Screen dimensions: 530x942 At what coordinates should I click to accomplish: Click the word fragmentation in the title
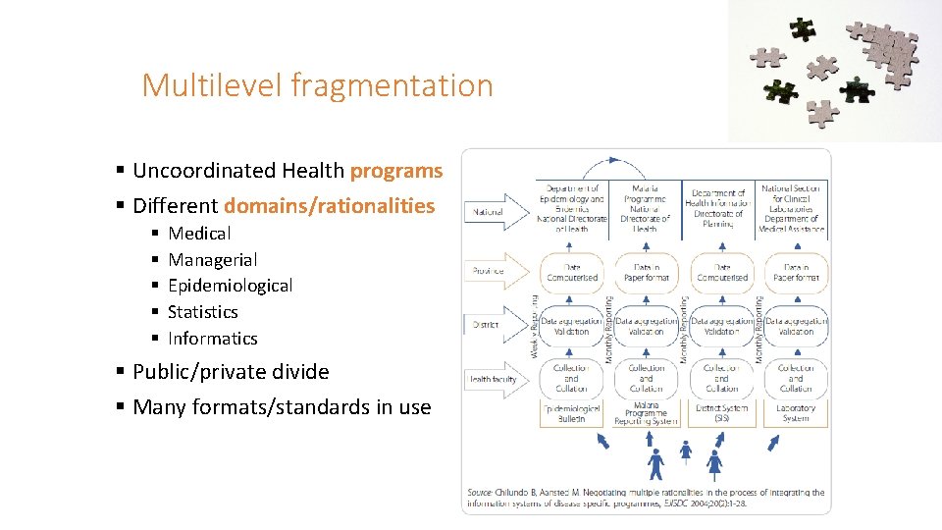[392, 85]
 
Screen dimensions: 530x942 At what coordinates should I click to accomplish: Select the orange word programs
[396, 171]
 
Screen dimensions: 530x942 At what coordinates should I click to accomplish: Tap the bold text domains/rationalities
[329, 206]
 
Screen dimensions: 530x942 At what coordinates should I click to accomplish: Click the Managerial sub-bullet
[212, 260]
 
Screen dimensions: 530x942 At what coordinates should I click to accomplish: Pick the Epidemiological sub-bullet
[230, 286]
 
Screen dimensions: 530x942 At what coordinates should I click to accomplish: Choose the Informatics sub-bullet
[212, 339]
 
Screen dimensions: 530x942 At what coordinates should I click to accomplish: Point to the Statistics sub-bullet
[202, 312]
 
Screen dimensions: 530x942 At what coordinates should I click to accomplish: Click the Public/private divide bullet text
[231, 372]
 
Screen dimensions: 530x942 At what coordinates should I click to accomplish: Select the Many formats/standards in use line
[282, 407]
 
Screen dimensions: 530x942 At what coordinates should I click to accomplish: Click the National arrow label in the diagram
[490, 212]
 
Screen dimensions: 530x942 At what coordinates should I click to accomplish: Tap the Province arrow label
[490, 271]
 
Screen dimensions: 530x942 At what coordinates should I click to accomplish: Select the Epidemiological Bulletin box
[571, 413]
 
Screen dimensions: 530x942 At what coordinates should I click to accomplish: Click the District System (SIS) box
[721, 413]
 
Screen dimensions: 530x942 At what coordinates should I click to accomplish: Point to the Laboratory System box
[796, 413]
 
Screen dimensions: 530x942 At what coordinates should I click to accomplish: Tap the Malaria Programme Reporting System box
[646, 413]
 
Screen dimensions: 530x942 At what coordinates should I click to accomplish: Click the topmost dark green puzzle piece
[804, 28]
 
